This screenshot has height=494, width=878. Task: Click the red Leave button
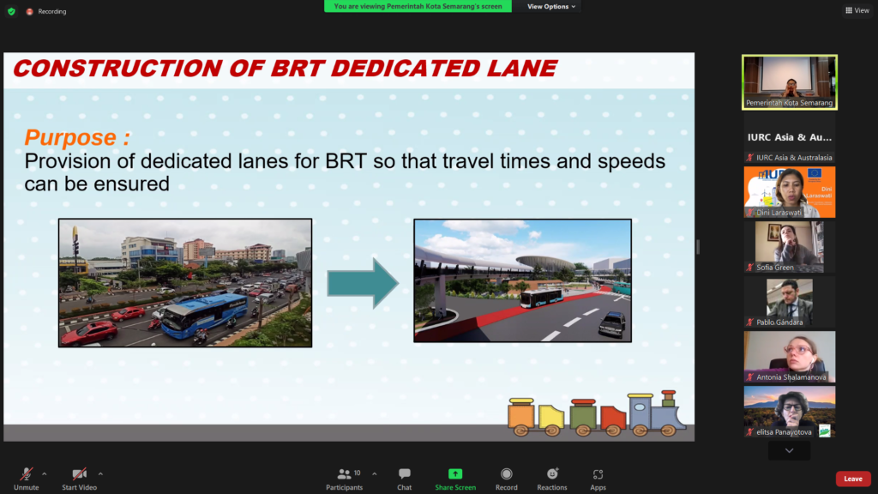pyautogui.click(x=853, y=479)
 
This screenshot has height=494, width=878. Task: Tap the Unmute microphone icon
pyautogui.click(x=27, y=473)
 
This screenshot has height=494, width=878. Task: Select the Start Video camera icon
pyautogui.click(x=80, y=473)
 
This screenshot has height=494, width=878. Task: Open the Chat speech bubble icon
pyautogui.click(x=405, y=473)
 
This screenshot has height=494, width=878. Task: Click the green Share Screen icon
pyautogui.click(x=455, y=473)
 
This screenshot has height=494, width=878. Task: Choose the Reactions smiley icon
pyautogui.click(x=552, y=473)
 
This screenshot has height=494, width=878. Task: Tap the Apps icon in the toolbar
pyautogui.click(x=598, y=474)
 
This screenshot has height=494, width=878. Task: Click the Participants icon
pyautogui.click(x=345, y=473)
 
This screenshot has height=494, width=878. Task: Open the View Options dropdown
pyautogui.click(x=551, y=6)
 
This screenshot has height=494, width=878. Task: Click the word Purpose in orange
pyautogui.click(x=70, y=137)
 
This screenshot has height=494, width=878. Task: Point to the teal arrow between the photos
pyautogui.click(x=363, y=283)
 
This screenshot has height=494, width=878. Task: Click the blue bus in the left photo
pyautogui.click(x=204, y=315)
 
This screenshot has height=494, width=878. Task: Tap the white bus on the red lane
pyautogui.click(x=540, y=298)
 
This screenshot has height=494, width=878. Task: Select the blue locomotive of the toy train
pyautogui.click(x=656, y=413)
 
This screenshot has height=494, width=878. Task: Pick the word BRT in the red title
pyautogui.click(x=297, y=69)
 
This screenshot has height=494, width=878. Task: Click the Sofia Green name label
pyautogui.click(x=775, y=268)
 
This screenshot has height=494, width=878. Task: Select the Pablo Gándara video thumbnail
pyautogui.click(x=790, y=302)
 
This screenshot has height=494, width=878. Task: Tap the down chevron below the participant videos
pyautogui.click(x=789, y=451)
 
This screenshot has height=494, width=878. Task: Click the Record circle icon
pyautogui.click(x=506, y=473)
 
